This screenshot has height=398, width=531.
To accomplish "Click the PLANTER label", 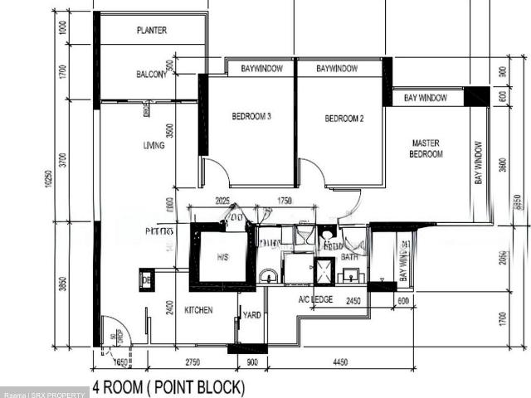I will (151, 31).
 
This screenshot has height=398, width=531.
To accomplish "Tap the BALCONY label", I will (151, 75).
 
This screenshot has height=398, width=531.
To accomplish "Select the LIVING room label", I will (153, 146).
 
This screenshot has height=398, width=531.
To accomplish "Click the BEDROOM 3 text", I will (251, 117).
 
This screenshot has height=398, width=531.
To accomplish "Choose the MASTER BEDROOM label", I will (427, 148).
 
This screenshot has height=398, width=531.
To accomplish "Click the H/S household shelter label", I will (222, 258).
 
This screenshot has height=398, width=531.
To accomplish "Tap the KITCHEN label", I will (198, 310).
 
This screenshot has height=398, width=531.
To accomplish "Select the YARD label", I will (251, 314).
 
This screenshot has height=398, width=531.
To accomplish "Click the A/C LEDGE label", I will (315, 299).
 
